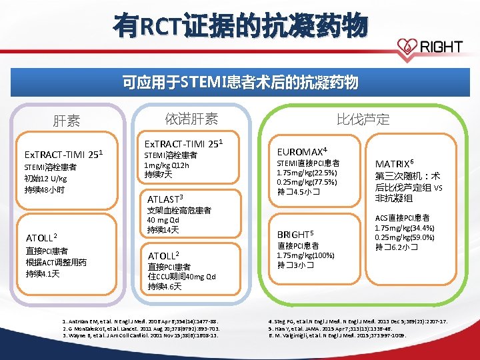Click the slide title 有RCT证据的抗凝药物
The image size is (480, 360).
(x=240, y=27)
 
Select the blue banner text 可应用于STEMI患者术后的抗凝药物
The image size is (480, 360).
(x=240, y=83)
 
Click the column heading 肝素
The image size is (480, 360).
(x=67, y=121)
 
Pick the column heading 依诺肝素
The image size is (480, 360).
(x=191, y=119)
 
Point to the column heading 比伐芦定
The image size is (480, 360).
(x=363, y=119)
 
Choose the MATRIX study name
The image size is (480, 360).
(x=395, y=163)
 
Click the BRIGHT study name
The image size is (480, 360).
(x=295, y=234)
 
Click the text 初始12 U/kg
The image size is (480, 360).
(x=47, y=179)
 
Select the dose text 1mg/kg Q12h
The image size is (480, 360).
(x=170, y=165)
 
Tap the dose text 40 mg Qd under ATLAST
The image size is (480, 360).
(x=163, y=220)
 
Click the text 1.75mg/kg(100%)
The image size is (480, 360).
(x=305, y=255)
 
